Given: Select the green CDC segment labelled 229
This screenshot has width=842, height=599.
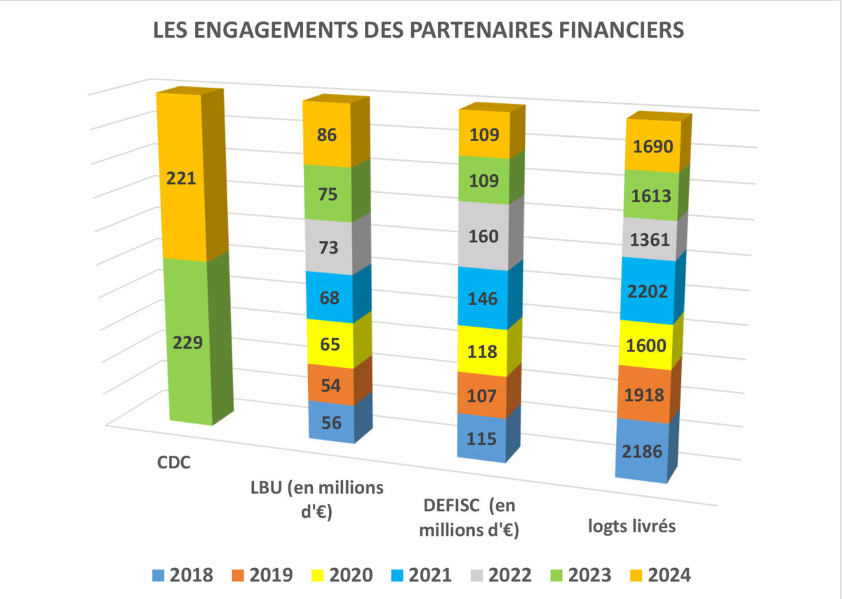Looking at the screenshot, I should click(x=187, y=343).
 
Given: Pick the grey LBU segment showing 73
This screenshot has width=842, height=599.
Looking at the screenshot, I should click(x=328, y=247).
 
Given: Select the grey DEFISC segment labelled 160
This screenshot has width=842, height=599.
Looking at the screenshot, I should click(x=484, y=236).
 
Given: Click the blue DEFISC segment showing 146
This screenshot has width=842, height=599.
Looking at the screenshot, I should click(x=484, y=299).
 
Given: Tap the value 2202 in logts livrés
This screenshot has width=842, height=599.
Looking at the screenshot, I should click(x=643, y=291).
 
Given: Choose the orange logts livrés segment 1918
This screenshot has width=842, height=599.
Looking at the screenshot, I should click(x=643, y=395).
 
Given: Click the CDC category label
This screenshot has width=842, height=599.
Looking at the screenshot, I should click(x=173, y=464).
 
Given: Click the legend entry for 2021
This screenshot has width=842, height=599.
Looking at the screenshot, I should click(x=420, y=576).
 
